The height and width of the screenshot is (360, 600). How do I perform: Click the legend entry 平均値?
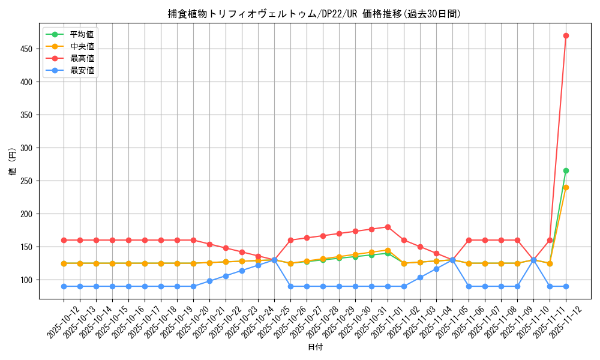(x=82, y=34)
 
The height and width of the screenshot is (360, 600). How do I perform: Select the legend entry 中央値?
(x=82, y=46)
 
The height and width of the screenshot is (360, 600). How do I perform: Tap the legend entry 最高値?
(x=82, y=58)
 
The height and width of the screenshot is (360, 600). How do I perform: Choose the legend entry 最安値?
(x=82, y=70)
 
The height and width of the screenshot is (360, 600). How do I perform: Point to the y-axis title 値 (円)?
(x=12, y=163)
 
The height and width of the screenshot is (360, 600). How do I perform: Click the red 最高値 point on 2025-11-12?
(x=566, y=35)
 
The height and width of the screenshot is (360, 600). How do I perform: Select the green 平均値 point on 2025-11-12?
(x=566, y=170)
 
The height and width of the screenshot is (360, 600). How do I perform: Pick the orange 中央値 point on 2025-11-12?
(x=566, y=187)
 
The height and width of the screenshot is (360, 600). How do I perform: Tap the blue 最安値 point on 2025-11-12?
(x=566, y=286)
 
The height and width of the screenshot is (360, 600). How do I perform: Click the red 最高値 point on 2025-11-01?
(x=388, y=227)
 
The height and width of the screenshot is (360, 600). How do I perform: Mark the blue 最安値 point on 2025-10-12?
(x=64, y=286)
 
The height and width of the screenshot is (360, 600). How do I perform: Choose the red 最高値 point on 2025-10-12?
(x=64, y=240)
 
